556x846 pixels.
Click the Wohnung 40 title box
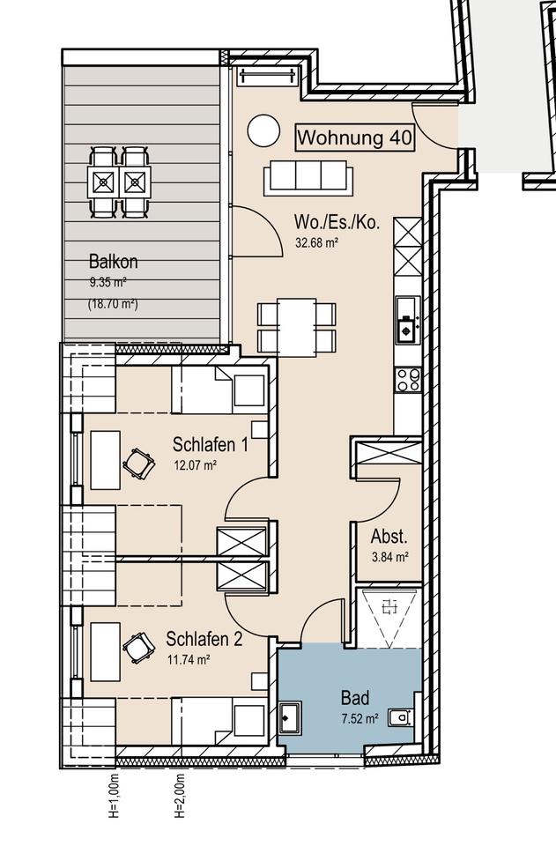click(x=355, y=137)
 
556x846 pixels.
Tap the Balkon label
click(x=114, y=262)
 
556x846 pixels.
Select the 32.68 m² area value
click(x=316, y=243)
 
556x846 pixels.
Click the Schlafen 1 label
click(x=211, y=444)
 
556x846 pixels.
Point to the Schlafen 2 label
click(x=204, y=640)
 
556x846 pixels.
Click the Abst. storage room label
click(x=389, y=537)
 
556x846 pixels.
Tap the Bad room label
click(x=355, y=698)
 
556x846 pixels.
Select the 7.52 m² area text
click(x=360, y=719)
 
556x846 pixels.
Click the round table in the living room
click(x=263, y=130)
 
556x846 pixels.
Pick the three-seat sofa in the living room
click(x=308, y=177)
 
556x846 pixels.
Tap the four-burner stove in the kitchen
click(x=408, y=379)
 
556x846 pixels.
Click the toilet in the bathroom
click(x=400, y=718)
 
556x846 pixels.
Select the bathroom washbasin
click(x=291, y=717)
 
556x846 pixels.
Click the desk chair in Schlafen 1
click(x=139, y=464)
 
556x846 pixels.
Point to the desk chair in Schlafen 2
click(x=139, y=648)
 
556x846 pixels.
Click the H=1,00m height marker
click(x=114, y=797)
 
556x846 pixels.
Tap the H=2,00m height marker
click(x=180, y=797)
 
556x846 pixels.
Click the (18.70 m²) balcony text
click(x=113, y=304)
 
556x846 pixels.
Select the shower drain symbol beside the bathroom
click(x=389, y=608)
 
